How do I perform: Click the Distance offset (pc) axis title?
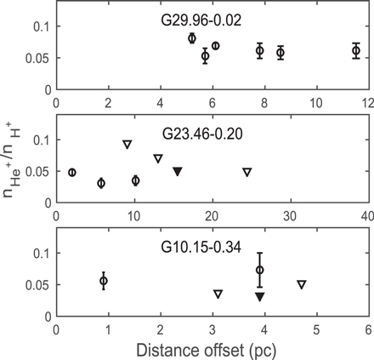point(212,347)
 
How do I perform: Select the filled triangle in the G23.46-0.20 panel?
point(178,171)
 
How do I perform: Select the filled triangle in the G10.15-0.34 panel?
point(260,296)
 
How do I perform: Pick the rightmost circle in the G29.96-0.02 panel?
point(357,51)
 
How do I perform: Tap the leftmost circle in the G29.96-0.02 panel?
point(192,38)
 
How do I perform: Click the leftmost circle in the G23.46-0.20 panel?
point(72,172)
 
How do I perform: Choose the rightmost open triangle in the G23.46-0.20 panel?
point(247,172)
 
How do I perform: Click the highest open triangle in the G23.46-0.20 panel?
point(127,144)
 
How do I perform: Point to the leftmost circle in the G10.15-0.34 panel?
point(104,280)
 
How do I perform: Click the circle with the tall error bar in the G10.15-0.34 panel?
point(260,270)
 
